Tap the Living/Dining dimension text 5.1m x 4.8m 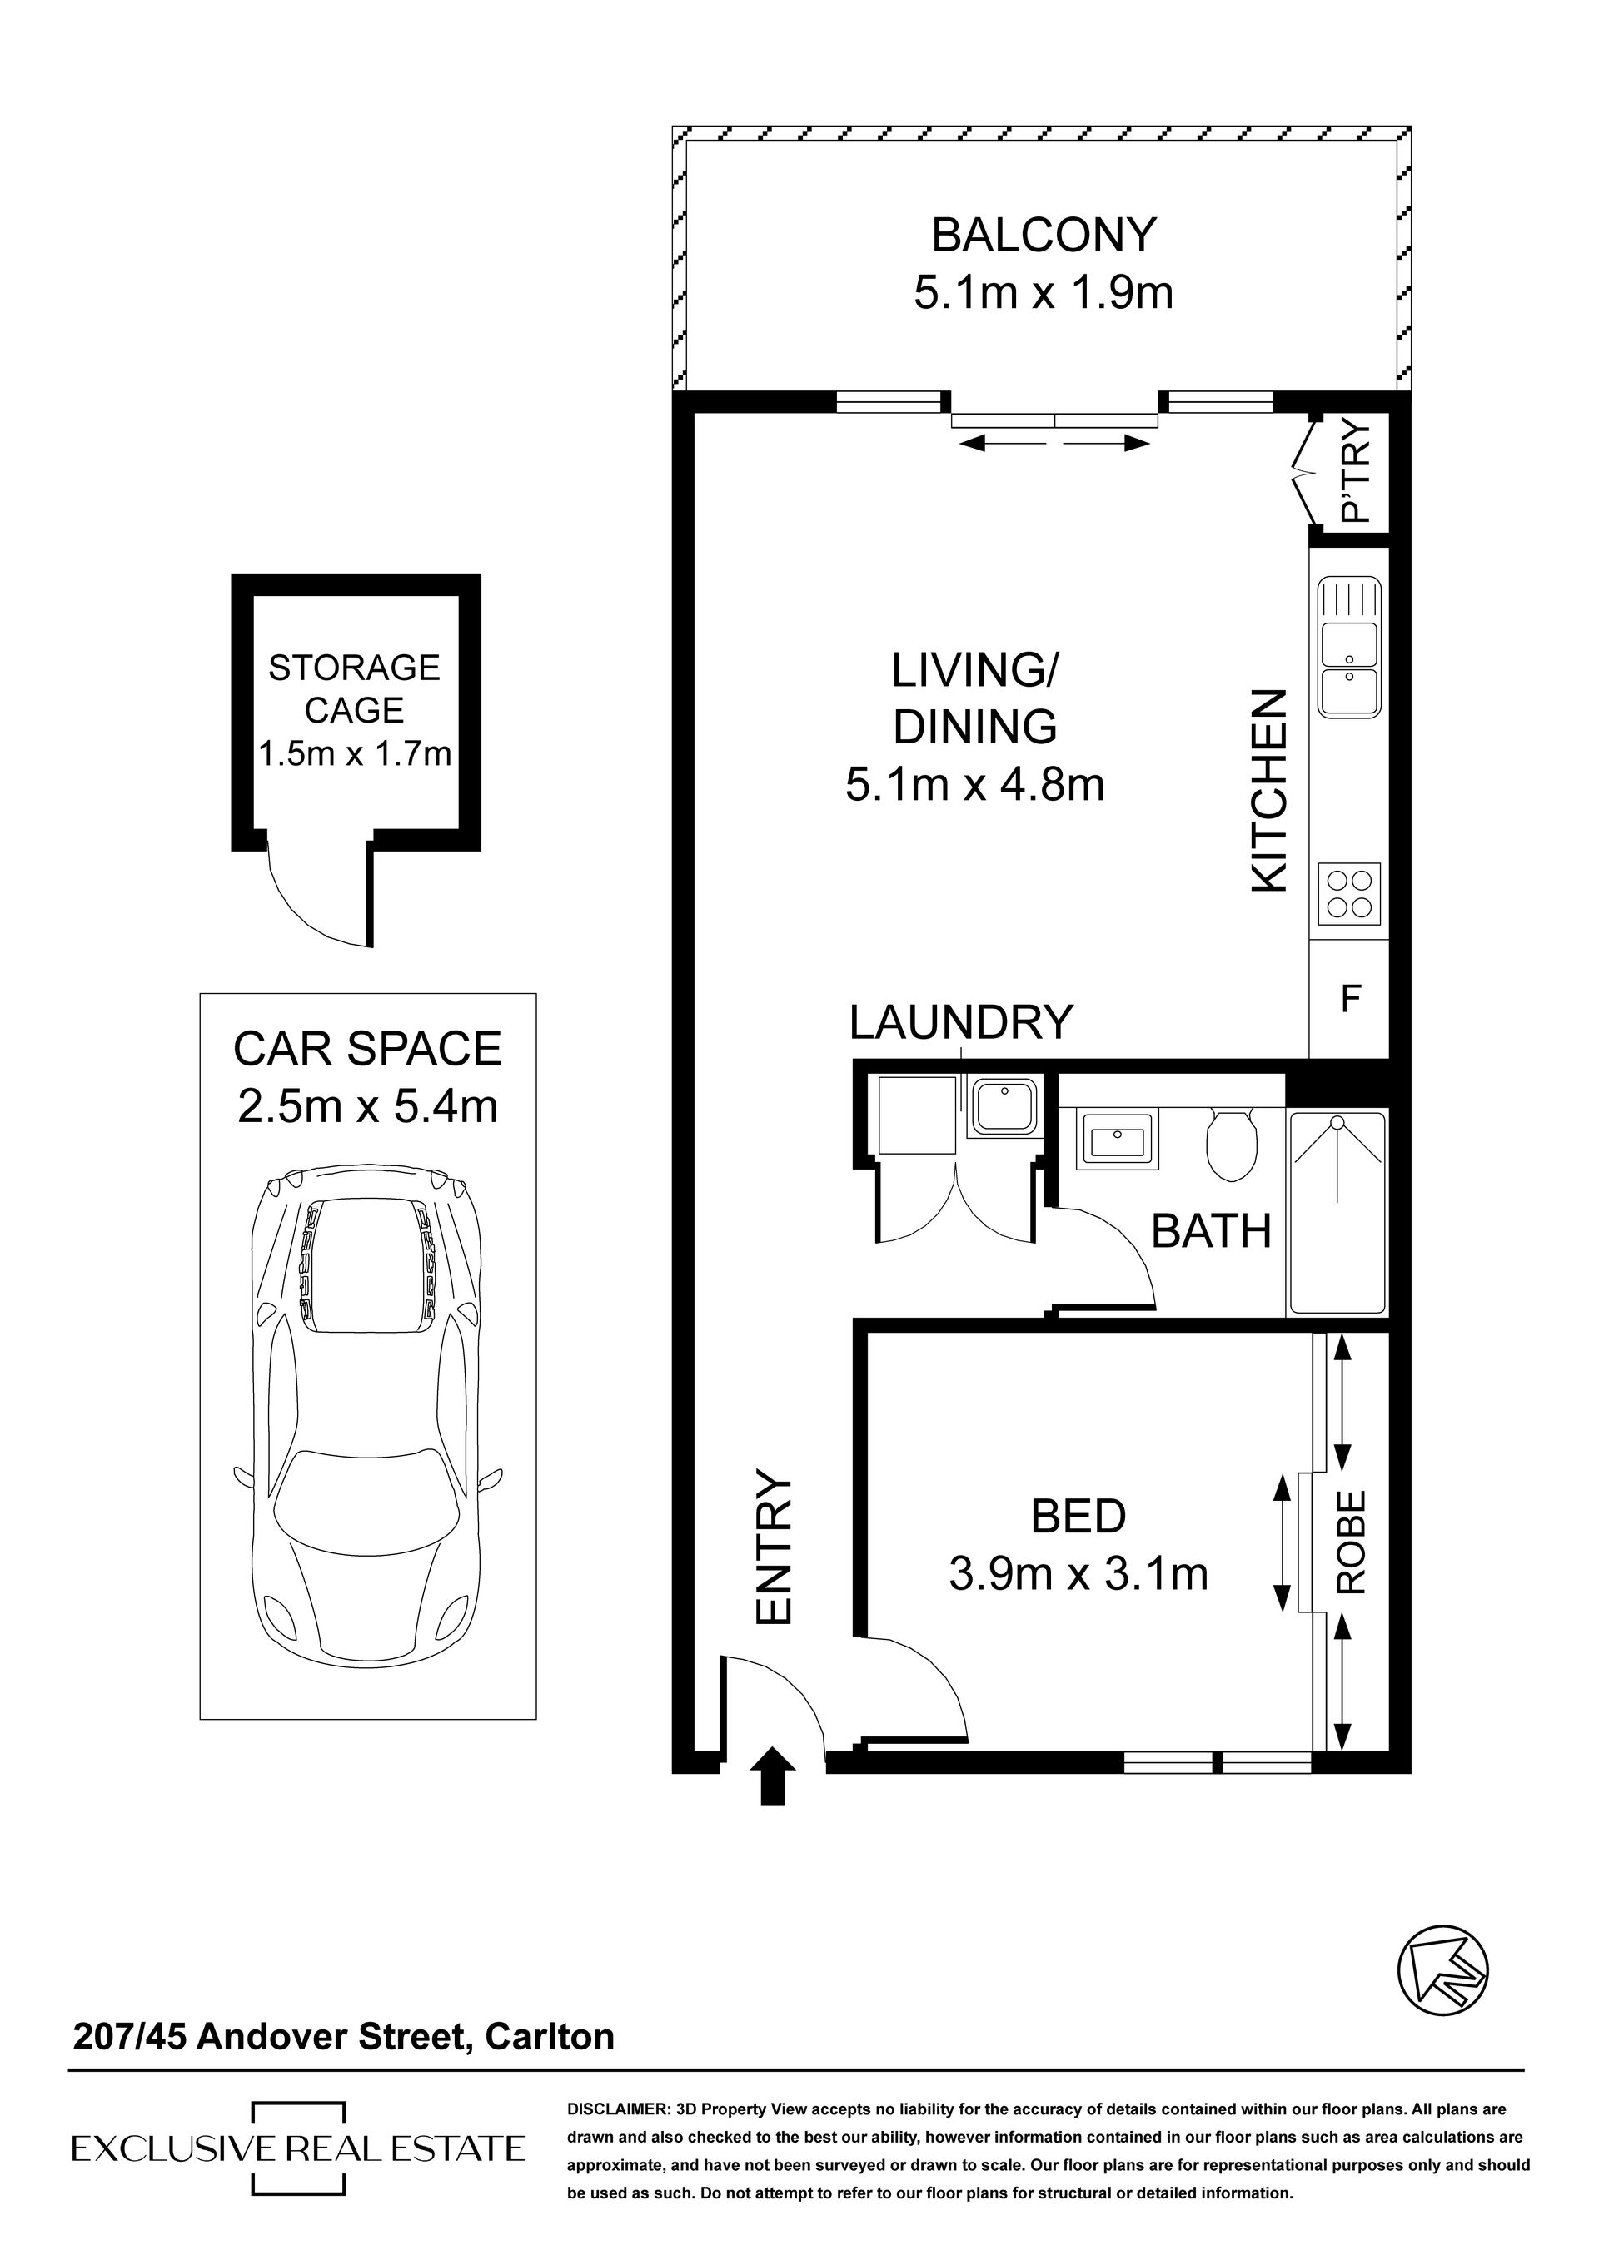point(974,786)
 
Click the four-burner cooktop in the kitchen point(1349,894)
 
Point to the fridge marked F point(1349,999)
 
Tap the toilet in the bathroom point(1233,1145)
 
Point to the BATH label point(1211,1231)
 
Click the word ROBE point(1351,1542)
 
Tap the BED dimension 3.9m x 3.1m point(1078,1573)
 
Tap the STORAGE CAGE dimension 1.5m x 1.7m point(355,754)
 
